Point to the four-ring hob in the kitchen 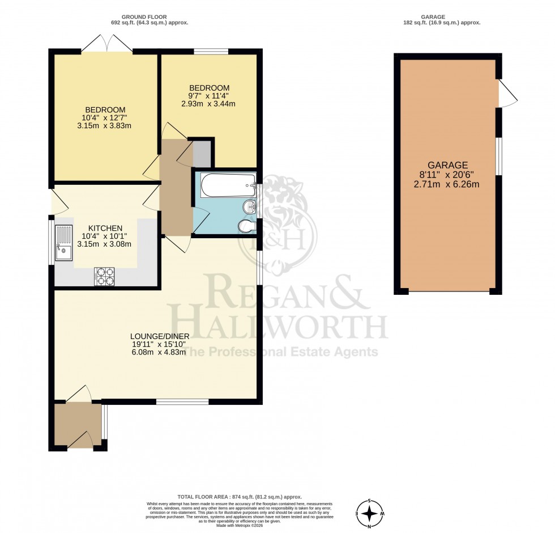pos(105,276)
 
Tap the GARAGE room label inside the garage pos(447,165)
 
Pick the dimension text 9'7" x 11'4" pos(209,96)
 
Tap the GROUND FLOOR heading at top pos(150,17)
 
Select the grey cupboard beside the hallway pos(201,153)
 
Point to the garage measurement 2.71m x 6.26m pos(447,184)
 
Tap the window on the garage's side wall pos(499,156)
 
